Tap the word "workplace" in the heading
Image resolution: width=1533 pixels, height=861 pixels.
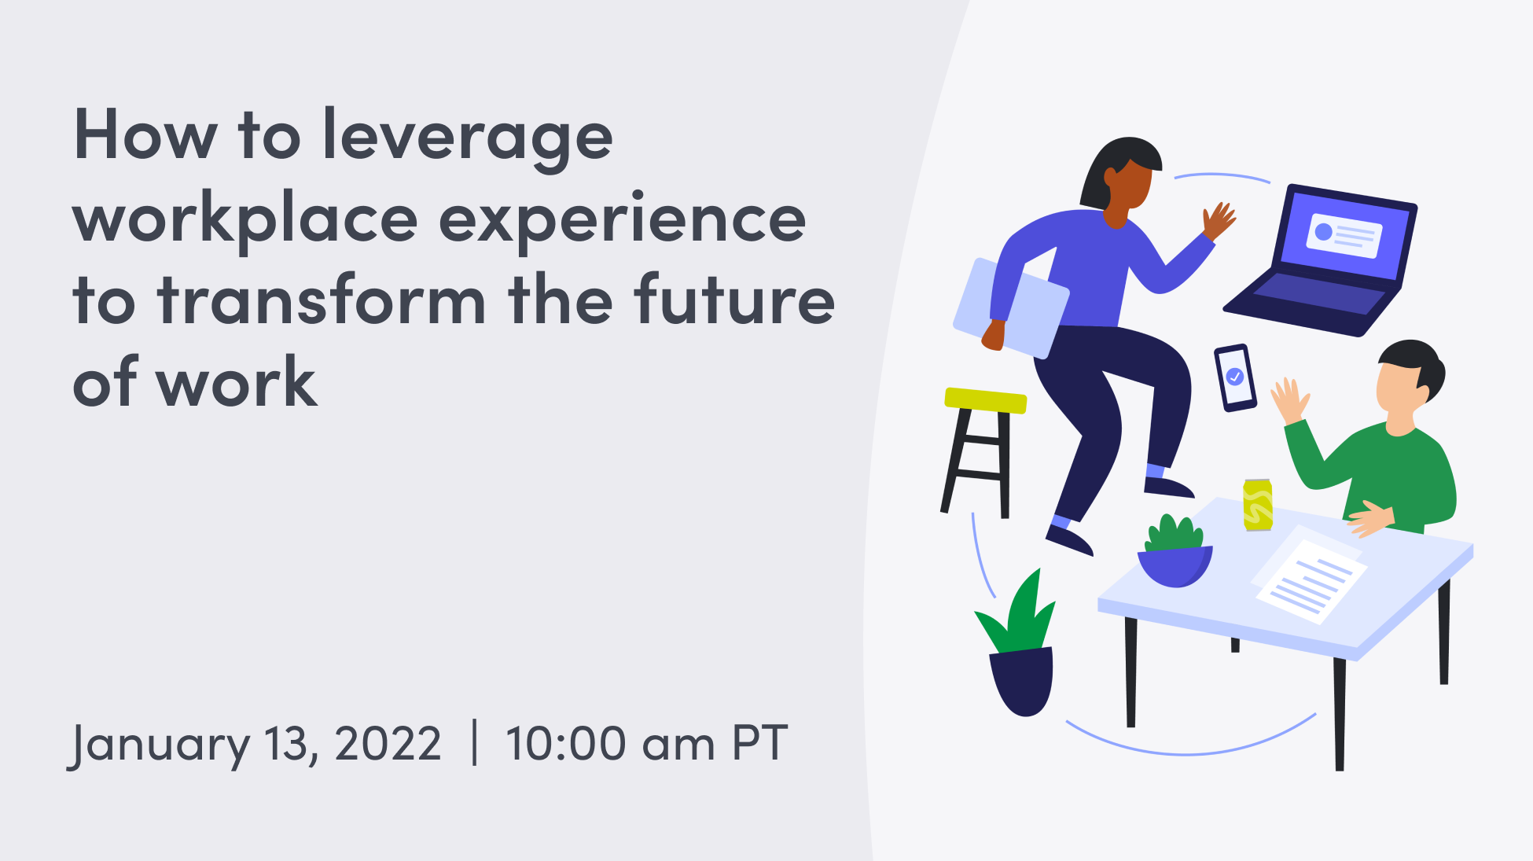pyautogui.click(x=244, y=219)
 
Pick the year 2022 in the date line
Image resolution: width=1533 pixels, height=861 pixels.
pyautogui.click(x=388, y=744)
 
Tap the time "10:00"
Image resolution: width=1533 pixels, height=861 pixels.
pyautogui.click(x=566, y=744)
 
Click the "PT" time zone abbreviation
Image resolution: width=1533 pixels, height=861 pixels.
pyautogui.click(x=759, y=744)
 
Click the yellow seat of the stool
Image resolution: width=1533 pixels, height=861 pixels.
pyautogui.click(x=985, y=399)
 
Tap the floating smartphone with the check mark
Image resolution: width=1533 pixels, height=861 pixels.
pyautogui.click(x=1235, y=377)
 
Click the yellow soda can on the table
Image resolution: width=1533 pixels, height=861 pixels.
pyautogui.click(x=1258, y=504)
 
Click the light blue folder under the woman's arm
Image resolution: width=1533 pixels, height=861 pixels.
pyautogui.click(x=1011, y=307)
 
